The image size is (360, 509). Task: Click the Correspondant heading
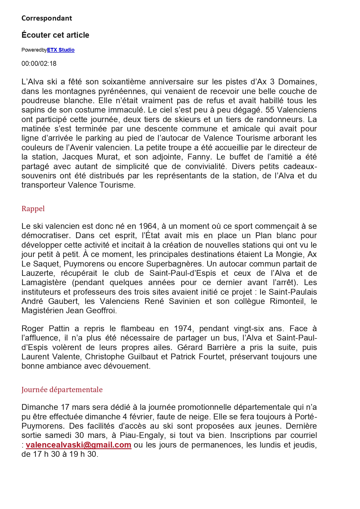pos(47,18)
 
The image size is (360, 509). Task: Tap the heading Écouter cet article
pos(55,35)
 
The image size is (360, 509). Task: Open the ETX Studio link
pos(61,50)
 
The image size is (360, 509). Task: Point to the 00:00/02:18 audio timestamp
pos(39,64)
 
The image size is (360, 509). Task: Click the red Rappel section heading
pos(33,209)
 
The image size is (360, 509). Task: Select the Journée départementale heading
pos(62,390)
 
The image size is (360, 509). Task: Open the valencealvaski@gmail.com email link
pos(78,445)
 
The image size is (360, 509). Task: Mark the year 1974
pos(183,329)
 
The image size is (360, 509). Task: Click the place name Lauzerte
pos(38,273)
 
